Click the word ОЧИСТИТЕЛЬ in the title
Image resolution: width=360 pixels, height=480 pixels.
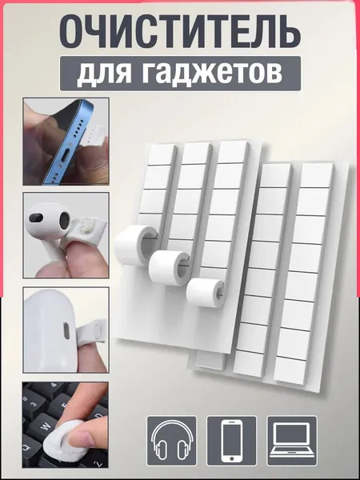click(180, 32)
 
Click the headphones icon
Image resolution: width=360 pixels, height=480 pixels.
click(172, 441)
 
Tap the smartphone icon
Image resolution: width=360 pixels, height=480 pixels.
click(232, 441)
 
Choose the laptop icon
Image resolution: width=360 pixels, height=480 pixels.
click(292, 441)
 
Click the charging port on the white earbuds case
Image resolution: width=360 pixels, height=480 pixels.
click(66, 330)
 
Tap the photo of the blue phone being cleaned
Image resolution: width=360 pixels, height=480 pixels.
click(66, 142)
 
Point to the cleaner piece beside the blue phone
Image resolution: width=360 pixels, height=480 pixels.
click(94, 134)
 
